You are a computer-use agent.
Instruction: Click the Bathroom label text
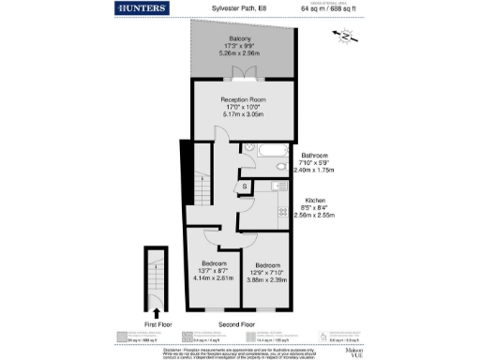point(314,156)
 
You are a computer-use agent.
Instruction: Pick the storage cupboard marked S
point(245,187)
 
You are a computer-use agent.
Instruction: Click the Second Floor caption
point(237,323)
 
